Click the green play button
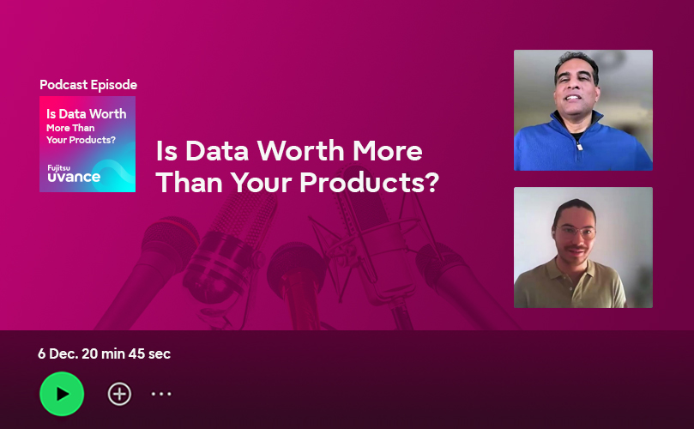(62, 394)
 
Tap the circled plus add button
(119, 394)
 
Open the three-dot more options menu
(161, 394)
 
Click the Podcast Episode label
(88, 85)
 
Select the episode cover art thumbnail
(88, 144)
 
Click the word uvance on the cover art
(74, 177)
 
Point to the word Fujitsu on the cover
(59, 168)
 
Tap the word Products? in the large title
(369, 182)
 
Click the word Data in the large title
(217, 150)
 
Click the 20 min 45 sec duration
(126, 353)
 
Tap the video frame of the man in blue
(582, 110)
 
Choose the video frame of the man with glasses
(582, 247)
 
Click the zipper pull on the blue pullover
(579, 146)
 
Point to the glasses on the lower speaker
(575, 232)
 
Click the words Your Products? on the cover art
(81, 140)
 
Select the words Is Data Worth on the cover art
(87, 114)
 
